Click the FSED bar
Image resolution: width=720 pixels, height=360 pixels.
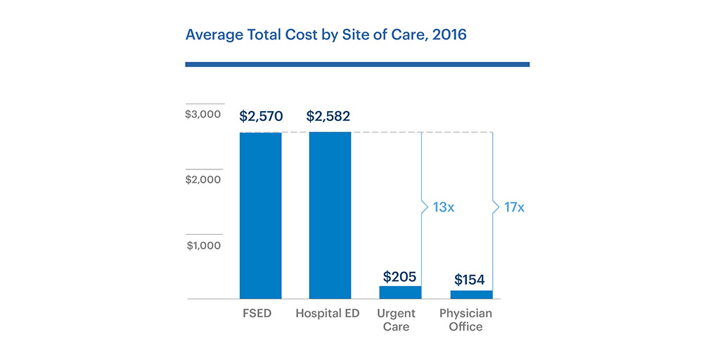[x=260, y=215]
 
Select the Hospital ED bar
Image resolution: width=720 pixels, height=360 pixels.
[x=330, y=215]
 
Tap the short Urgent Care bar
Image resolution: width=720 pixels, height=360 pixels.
[x=400, y=292]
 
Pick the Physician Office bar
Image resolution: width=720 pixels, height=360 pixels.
[x=471, y=295]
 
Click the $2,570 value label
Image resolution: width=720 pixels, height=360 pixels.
[x=260, y=117]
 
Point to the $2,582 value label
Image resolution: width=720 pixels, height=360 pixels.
[x=328, y=117]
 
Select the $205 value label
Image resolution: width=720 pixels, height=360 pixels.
[x=399, y=276]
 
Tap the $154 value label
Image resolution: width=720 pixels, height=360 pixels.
[x=469, y=280]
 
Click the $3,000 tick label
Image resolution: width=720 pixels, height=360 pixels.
[x=203, y=114]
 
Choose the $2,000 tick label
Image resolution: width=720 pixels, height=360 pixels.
[x=203, y=179]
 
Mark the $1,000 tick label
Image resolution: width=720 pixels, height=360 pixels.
[x=204, y=245]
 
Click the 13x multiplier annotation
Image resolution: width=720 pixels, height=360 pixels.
[x=443, y=207]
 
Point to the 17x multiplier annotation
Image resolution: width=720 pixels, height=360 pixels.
[x=514, y=207]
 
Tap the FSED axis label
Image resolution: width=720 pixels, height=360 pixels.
[x=257, y=314]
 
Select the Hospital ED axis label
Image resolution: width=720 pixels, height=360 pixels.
[x=328, y=314]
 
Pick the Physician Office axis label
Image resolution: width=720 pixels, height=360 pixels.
[x=465, y=320]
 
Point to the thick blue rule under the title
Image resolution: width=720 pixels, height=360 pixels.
[x=357, y=64]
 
